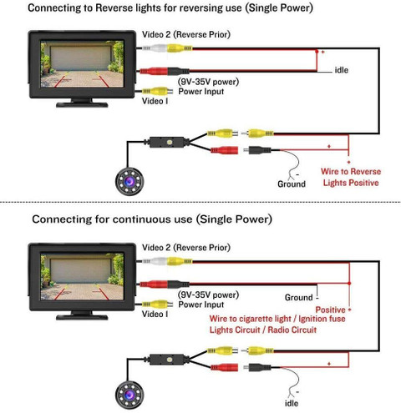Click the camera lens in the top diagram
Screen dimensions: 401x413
coord(129,182)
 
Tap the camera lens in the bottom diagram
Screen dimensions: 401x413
coord(129,395)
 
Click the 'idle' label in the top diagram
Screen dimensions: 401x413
coord(342,70)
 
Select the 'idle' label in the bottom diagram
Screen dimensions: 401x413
coord(292,403)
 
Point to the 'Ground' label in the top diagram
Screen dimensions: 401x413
coord(292,184)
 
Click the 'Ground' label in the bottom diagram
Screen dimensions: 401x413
coord(299,297)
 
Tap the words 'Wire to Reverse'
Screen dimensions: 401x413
coord(351,171)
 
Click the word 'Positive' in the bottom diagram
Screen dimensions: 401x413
coord(330,310)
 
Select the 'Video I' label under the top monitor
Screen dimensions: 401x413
coord(155,101)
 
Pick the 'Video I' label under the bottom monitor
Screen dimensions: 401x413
coord(155,314)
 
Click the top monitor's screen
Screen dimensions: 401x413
coord(82,64)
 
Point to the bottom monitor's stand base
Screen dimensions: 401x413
coord(82,317)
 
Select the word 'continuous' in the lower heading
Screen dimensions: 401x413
coord(152,219)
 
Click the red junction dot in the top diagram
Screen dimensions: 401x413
coord(317,52)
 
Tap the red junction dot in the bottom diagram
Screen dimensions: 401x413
coord(349,283)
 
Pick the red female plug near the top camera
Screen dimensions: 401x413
coord(225,150)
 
